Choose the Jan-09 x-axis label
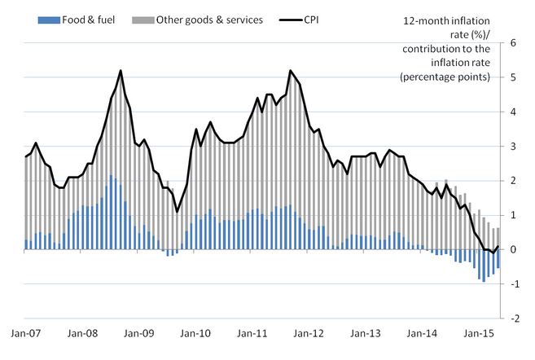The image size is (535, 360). point(138,334)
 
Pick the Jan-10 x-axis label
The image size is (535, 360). point(195,334)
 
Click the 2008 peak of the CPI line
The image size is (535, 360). point(121,71)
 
